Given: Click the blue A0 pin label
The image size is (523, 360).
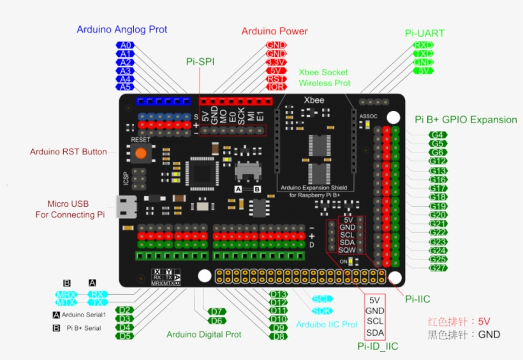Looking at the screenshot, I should coord(125,45).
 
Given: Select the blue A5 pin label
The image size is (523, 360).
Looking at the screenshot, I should coord(125,87).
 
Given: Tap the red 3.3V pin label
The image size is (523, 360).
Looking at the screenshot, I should coord(276,62).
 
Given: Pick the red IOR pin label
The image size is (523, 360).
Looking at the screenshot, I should coord(276,87).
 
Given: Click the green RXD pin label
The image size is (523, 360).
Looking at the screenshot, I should coord(424,45).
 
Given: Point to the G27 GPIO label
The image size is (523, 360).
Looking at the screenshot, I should coord(438,268).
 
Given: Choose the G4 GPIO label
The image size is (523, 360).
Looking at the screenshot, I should coord(438,135).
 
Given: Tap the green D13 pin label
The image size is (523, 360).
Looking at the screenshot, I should coord(279,294).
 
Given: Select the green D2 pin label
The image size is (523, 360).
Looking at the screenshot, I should coord(125,310).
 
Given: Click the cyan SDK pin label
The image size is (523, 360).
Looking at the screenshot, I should coord(323,311).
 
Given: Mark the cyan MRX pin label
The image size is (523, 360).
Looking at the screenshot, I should coord(66,295).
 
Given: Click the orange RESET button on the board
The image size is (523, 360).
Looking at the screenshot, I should coord(140,153).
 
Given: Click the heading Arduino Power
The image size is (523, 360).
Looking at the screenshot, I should coord(274,31).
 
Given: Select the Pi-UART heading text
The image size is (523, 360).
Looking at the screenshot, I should coord(425,33).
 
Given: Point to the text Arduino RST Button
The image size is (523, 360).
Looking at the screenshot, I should coord(68,152).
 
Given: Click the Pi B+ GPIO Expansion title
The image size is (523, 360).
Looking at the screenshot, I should coord(466,119).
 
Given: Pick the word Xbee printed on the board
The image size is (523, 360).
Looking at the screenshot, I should coord(314,100).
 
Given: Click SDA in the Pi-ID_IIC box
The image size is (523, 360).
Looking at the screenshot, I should coord(375,333).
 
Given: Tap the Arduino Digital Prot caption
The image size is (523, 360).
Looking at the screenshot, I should coord(203,334).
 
